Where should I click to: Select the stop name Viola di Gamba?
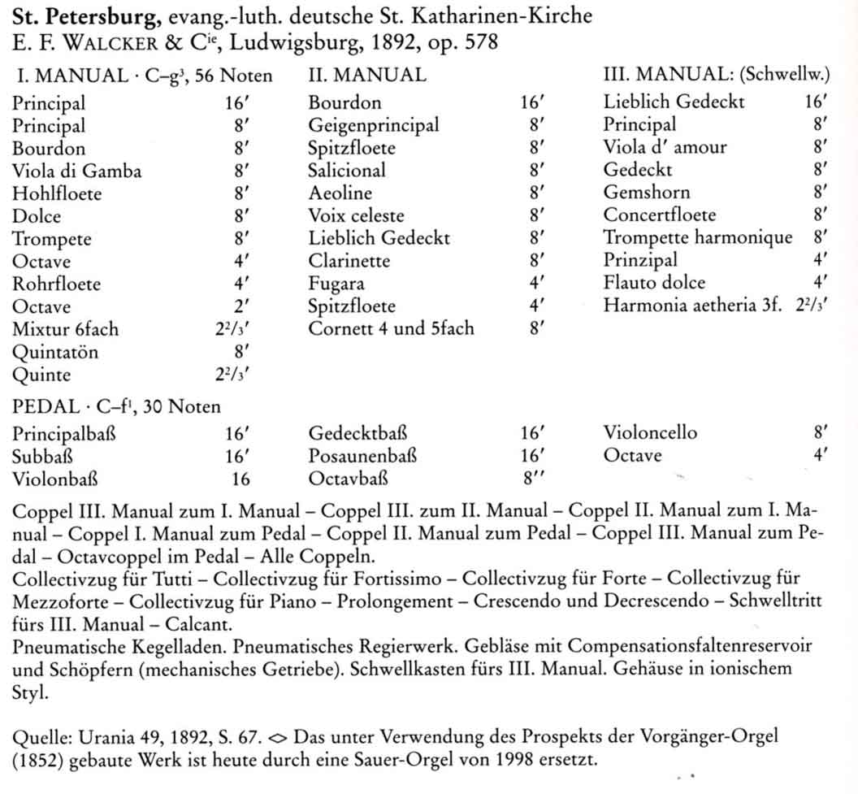(x=77, y=171)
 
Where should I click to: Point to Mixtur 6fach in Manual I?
(x=65, y=329)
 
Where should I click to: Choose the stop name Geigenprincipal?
(x=374, y=125)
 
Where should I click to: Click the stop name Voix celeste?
(x=356, y=216)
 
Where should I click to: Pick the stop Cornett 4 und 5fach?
(x=391, y=329)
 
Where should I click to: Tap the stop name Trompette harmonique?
(x=697, y=237)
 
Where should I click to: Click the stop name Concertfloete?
(x=659, y=215)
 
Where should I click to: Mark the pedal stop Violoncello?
(x=650, y=433)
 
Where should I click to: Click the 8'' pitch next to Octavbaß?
(x=533, y=479)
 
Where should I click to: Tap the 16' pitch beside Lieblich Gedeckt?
(x=815, y=102)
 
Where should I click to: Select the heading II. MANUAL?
(x=366, y=76)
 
